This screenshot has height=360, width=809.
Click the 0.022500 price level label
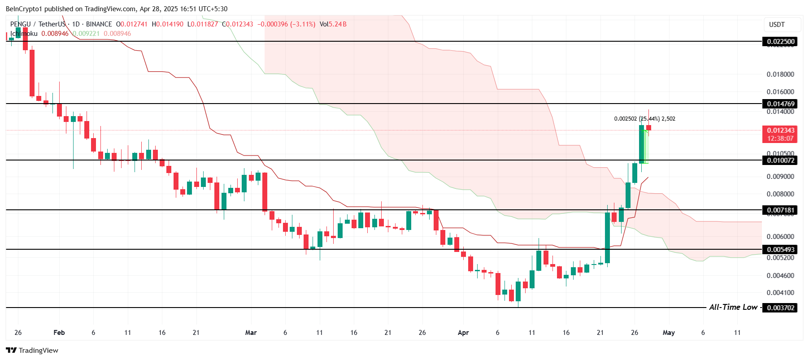(780, 42)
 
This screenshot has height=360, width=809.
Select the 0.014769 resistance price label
(780, 104)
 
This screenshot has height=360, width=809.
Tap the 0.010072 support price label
(780, 160)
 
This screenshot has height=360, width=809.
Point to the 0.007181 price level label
(780, 210)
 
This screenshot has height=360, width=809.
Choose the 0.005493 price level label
(780, 250)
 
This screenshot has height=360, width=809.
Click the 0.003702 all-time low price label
(780, 308)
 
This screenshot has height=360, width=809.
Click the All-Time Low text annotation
(733, 308)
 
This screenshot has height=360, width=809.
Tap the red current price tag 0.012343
(780, 130)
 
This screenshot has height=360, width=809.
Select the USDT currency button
(777, 25)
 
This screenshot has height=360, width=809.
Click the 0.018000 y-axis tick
(780, 74)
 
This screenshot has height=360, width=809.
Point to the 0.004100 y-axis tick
(780, 293)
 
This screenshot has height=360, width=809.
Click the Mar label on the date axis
(251, 333)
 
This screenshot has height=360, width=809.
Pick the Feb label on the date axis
(59, 333)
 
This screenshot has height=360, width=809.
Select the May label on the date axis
(669, 333)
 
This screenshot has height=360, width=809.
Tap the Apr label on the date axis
(463, 333)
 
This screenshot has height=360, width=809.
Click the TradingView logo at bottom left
(32, 351)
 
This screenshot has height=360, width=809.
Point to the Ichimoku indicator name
(24, 34)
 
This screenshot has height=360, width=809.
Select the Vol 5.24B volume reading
(333, 24)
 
